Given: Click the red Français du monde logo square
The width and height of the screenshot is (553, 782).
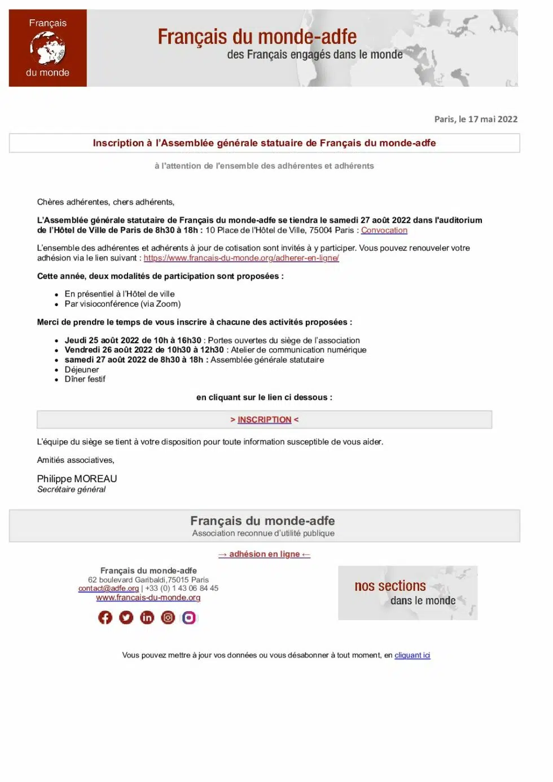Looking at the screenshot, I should point(48,48).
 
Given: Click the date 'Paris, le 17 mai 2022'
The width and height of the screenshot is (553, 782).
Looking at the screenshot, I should point(475,119).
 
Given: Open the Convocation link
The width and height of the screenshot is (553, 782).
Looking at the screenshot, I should point(384,230).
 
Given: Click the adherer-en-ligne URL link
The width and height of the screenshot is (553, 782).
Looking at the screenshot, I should point(241,258).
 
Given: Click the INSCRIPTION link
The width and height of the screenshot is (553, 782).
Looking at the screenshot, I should point(264,419).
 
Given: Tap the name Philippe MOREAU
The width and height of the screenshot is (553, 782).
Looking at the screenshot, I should point(77,479).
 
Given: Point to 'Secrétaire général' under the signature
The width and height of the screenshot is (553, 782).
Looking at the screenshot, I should point(71,489).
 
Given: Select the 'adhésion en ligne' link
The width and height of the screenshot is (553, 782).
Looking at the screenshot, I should point(264,554).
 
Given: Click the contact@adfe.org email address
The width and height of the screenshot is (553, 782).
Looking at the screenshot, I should point(108,588).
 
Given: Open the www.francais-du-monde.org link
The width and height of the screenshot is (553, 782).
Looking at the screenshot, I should point(148,598).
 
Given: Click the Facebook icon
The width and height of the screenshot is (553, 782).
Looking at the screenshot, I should point(106,617).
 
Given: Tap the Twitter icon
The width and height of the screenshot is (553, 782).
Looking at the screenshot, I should point(126,617).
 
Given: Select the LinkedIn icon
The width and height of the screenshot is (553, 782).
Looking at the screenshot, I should point(147,617).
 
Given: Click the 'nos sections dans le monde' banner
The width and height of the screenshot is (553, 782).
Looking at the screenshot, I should point(407,593).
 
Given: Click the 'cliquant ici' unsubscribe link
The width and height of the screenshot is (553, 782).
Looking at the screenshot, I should point(412,655).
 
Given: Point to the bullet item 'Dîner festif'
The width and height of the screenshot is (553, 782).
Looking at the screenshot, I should point(85,379).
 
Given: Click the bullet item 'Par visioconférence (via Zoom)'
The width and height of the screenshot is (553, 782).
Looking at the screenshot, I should point(122,304).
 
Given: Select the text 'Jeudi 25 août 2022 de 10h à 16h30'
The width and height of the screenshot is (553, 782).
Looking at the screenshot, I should point(133,341).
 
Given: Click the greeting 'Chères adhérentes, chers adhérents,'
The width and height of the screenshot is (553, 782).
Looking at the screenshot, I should point(106,202).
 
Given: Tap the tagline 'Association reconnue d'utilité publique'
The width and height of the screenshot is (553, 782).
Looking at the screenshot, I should point(263,533).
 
